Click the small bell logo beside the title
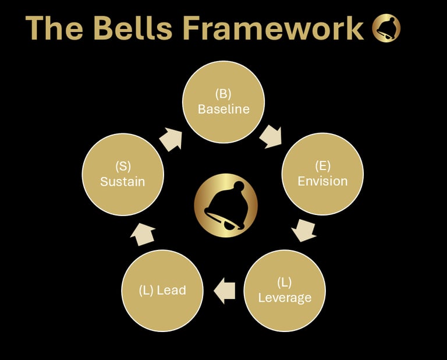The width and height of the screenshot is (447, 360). tap(387, 29)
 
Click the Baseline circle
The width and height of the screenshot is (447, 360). tap(223, 102)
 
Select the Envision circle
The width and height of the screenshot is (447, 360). tap(322, 174)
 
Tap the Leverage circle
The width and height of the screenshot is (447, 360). tap(285, 290)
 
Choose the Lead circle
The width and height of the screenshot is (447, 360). tap(162, 290)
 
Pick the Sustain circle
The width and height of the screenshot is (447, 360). tap(123, 174)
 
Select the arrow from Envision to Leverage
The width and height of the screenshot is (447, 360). tap(303, 230)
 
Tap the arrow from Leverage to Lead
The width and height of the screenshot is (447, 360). tap(225, 290)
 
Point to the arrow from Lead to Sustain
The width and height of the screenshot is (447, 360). tap(143, 233)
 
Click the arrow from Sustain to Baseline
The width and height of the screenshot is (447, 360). tap(171, 139)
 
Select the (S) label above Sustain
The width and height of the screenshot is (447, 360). tap(123, 167)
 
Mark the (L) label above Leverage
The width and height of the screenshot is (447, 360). tap(285, 283)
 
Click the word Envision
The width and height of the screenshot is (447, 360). tap(322, 181)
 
